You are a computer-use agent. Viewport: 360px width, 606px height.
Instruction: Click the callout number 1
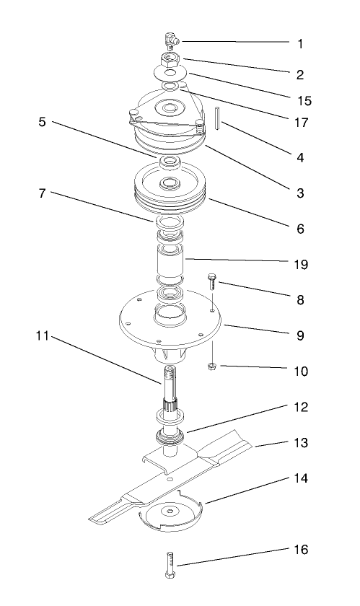(300, 43)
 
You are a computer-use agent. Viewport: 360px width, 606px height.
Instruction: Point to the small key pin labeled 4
(216, 118)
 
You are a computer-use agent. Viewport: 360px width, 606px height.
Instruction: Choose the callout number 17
(300, 123)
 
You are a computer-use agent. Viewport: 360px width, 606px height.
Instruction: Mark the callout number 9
(300, 335)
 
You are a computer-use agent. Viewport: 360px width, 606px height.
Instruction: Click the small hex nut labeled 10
(213, 368)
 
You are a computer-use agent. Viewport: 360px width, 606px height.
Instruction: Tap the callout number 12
(300, 407)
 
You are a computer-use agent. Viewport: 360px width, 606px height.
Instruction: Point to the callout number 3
(300, 193)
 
